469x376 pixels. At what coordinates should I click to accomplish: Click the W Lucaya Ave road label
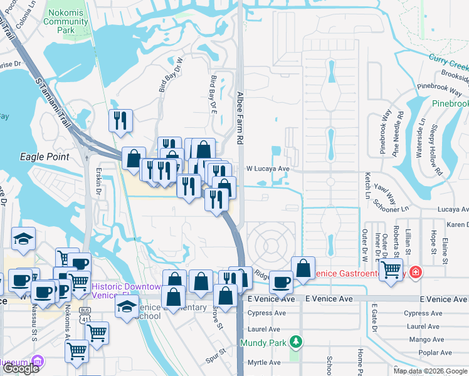pos(267,169)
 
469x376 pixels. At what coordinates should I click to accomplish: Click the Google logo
pos(21,368)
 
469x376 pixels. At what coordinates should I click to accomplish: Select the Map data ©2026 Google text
pos(430,371)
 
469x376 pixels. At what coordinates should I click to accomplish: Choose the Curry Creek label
pos(449,61)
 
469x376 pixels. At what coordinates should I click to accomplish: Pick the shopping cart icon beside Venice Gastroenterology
pos(391,269)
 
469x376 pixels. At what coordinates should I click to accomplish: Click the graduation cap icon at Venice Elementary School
pos(127,306)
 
